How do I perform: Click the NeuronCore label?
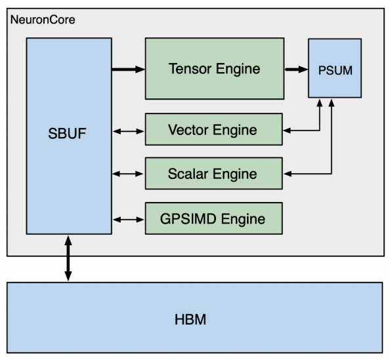click(43, 20)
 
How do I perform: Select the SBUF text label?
click(67, 133)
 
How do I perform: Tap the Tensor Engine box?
click(215, 69)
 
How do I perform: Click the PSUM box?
click(335, 68)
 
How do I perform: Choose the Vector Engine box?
click(214, 129)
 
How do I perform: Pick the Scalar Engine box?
click(214, 173)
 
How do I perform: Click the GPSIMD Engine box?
click(214, 218)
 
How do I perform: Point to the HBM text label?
click(190, 319)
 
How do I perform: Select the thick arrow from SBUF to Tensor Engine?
click(128, 70)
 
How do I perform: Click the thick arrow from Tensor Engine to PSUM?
click(296, 70)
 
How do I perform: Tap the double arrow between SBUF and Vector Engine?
click(128, 131)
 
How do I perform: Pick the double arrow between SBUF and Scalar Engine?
click(128, 174)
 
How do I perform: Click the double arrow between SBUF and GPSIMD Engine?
click(128, 220)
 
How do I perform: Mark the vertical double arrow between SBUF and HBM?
click(68, 258)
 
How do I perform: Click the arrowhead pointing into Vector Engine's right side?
click(287, 130)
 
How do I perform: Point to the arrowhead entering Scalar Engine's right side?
click(288, 174)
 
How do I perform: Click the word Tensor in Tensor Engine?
click(190, 69)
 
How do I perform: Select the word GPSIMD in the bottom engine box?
click(188, 219)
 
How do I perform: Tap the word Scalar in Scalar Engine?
click(188, 174)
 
